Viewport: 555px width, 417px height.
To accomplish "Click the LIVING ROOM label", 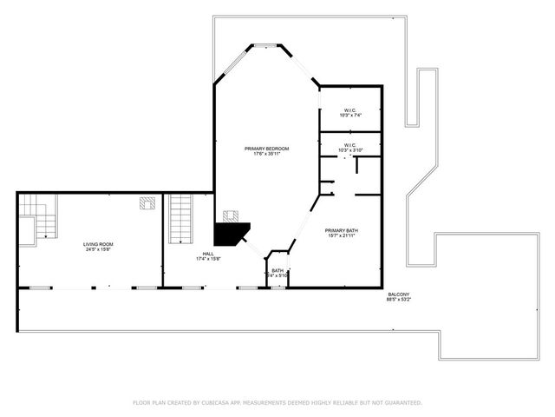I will point(97,244).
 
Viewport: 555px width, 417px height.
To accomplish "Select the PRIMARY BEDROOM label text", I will point(266,149).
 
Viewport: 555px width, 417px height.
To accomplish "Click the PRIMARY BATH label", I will point(342,230).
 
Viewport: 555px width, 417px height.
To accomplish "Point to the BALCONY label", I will point(399,295).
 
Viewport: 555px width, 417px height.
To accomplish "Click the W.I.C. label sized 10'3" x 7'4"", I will point(349,109).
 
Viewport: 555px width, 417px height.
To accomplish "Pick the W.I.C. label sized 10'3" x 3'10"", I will point(349,145).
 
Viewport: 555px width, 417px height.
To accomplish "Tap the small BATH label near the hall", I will point(277,270).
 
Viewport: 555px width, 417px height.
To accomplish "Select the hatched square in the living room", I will point(148,202).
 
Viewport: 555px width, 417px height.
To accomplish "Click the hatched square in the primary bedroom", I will point(231,215).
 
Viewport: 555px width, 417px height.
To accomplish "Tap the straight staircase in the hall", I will point(180,219).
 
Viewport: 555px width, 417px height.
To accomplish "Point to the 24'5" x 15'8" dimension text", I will point(97,250).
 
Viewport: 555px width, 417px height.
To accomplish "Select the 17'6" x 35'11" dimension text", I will point(266,155).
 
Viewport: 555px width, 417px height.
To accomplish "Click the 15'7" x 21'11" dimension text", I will point(342,236).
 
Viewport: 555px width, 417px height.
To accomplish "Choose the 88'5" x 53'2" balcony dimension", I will point(399,301).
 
